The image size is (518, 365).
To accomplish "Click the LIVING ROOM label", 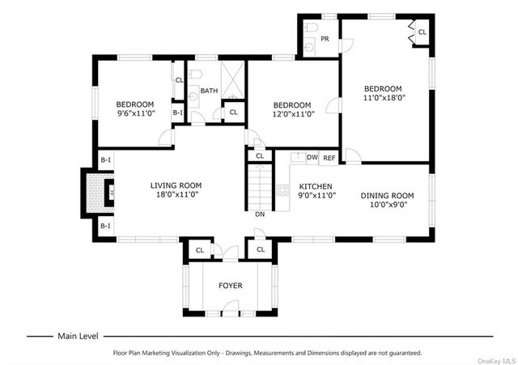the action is [176, 185].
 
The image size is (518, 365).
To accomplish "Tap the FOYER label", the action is [230, 286].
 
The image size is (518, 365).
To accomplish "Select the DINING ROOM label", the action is [387, 196].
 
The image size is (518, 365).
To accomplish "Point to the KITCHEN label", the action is [316, 186].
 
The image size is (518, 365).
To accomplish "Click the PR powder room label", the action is [325, 39].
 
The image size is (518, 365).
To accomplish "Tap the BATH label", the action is [209, 91].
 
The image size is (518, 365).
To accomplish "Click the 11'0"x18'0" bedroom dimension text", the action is [384, 97].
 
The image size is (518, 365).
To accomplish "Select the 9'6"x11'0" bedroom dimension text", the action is [136, 113].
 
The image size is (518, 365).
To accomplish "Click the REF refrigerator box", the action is [329, 158].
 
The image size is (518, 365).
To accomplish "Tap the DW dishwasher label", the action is [312, 157].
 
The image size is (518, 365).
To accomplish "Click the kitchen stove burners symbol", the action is [282, 190].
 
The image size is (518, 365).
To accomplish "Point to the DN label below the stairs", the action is [260, 214].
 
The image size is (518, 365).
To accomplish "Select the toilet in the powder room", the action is [311, 27].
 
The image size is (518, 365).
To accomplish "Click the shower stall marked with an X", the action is [232, 79].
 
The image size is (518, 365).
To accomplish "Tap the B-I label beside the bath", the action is [177, 112].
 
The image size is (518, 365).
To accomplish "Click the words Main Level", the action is [78, 336].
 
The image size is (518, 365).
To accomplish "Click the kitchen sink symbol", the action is [299, 157].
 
